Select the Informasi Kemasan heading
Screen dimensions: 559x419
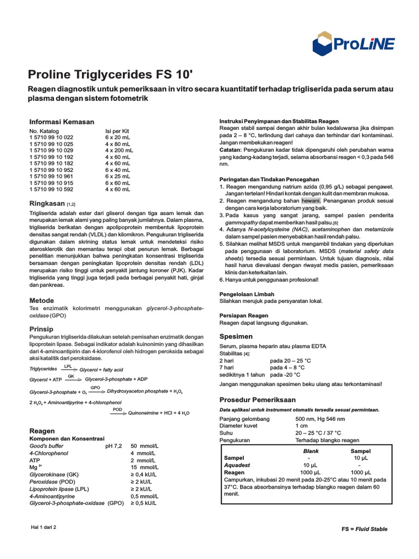(x=61, y=122)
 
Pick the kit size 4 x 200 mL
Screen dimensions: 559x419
(x=119, y=150)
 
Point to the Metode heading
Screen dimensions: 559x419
(x=41, y=300)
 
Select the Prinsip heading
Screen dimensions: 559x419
(x=41, y=329)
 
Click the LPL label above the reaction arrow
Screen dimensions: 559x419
(x=68, y=366)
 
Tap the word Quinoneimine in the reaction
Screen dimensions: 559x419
(x=145, y=414)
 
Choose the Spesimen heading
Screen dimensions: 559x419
(x=236, y=336)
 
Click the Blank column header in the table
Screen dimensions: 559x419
(x=310, y=451)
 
